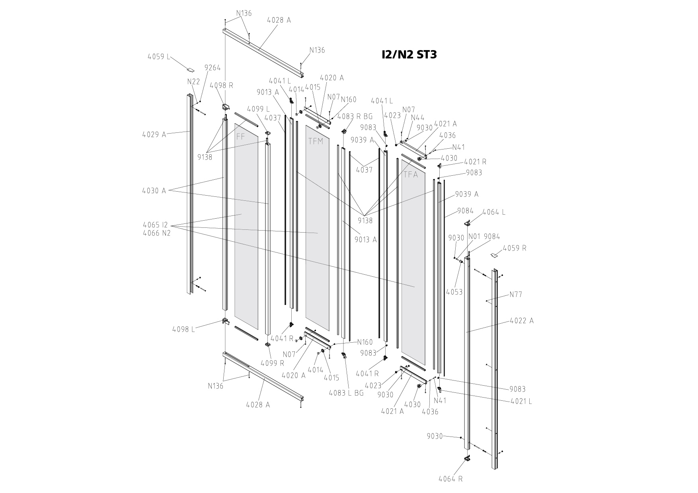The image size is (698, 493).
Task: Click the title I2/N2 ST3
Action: [x=409, y=54]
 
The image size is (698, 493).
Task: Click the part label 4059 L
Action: [x=158, y=57]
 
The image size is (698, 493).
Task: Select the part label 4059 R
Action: [x=515, y=248]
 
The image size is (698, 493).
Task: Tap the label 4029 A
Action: [x=154, y=134]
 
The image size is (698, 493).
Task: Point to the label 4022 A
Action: [x=522, y=321]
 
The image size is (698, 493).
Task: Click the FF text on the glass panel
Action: [x=241, y=137]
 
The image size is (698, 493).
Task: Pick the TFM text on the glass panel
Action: [x=316, y=141]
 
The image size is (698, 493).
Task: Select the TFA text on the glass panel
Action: [x=411, y=174]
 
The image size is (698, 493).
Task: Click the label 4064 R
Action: [x=450, y=479]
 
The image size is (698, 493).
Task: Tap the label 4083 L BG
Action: [x=346, y=393]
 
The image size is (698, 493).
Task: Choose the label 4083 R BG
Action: [x=355, y=116]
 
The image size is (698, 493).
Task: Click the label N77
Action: [x=516, y=295]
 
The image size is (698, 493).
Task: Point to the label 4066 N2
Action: [x=156, y=233]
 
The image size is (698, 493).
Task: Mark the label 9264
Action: [x=213, y=68]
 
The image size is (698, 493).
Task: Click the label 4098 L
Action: [x=183, y=329]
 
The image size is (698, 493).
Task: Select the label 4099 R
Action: [x=273, y=363]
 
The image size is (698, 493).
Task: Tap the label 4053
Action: [x=454, y=292]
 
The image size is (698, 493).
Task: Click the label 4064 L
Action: [x=494, y=212]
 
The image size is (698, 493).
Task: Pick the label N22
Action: [x=194, y=82]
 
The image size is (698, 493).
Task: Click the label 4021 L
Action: [x=521, y=401]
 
